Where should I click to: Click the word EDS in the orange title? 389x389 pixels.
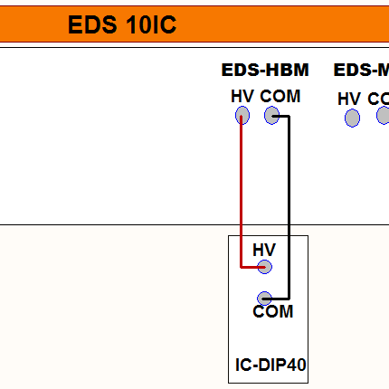pos(90,25)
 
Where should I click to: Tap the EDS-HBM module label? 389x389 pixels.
pos(265,71)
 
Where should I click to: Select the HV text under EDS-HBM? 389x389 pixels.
pos(242,96)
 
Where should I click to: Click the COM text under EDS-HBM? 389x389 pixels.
pos(280,96)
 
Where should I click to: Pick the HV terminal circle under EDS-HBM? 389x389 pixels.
pos(242,115)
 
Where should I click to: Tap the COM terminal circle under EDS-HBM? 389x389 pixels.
pos(271,115)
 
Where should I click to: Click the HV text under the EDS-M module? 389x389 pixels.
pos(349,99)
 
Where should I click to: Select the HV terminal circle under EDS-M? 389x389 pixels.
pos(352,118)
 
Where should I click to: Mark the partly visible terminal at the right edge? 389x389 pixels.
pos(384,116)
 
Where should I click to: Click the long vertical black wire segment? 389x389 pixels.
pos(289,208)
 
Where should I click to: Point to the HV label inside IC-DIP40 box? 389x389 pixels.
pos(264,250)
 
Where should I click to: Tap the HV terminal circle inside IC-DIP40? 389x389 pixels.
pos(264,267)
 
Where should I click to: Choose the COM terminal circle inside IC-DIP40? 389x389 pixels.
pos(265,298)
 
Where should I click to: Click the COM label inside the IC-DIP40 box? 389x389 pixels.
pos(273,312)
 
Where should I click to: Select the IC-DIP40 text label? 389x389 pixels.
pos(270,365)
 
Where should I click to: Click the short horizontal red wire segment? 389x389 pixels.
pos(251,267)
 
